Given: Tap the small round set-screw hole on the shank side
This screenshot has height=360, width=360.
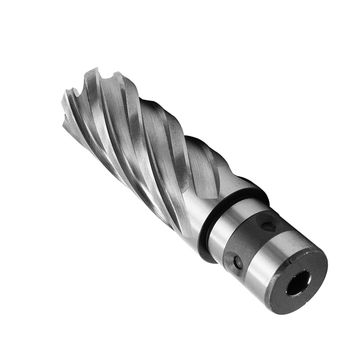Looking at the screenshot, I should tap(236, 263).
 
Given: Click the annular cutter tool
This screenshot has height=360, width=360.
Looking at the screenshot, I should tap(180, 180).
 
